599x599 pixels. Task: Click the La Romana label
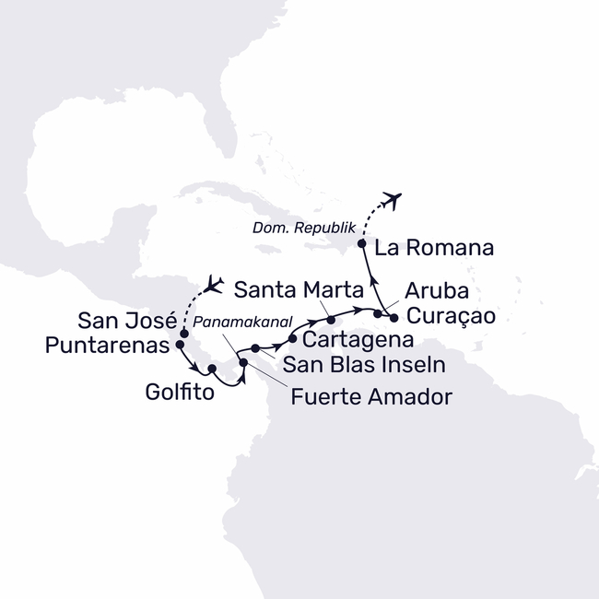[x=435, y=247]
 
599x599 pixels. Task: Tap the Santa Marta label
[x=294, y=291]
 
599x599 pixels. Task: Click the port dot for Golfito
[x=212, y=370]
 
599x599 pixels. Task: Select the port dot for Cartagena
[x=293, y=339]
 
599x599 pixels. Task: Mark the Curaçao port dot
[x=394, y=318]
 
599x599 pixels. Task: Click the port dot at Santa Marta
[x=330, y=319]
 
